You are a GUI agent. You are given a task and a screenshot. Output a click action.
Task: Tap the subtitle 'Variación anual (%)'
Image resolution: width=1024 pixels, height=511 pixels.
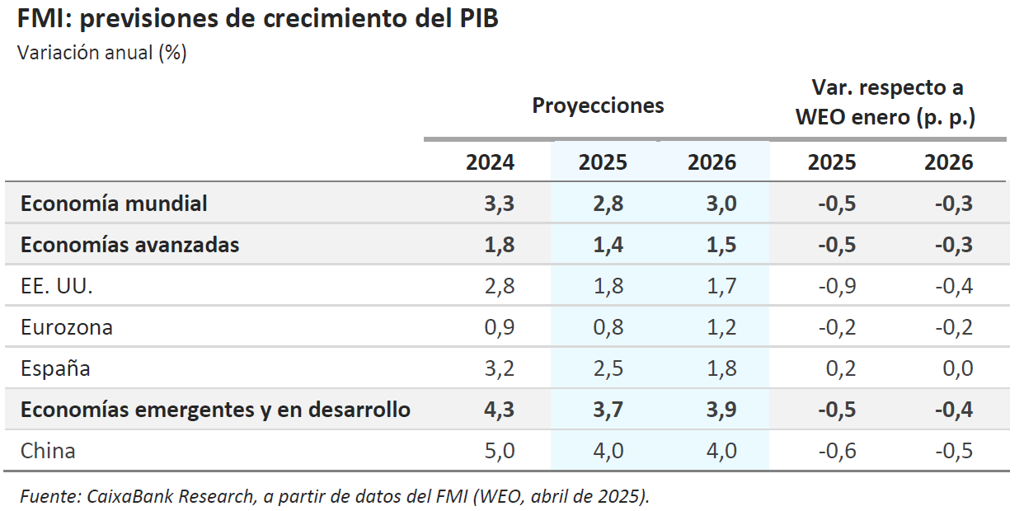[x=102, y=53]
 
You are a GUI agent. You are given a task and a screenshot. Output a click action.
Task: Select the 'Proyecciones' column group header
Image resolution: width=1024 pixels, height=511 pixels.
[x=598, y=105]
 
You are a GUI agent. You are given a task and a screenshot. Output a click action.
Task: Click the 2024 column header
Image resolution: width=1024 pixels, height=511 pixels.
[x=490, y=162]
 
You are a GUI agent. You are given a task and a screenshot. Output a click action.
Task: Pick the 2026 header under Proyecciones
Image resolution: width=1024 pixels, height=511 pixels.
[x=712, y=162]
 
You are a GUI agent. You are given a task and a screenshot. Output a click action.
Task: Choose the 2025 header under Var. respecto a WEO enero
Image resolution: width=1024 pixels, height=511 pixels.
[x=831, y=162]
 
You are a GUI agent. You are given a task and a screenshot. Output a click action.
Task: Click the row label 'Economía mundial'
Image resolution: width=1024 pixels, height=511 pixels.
[x=114, y=204]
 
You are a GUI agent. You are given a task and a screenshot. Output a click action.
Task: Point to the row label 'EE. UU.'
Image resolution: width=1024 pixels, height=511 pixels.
[x=56, y=286]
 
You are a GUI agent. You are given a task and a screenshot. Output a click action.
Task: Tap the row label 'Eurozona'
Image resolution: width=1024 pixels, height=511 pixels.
[x=66, y=327]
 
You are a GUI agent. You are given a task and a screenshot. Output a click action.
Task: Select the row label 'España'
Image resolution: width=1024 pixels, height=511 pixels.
[x=55, y=368]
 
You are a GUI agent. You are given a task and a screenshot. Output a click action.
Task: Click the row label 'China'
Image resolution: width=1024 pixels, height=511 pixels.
[x=48, y=451]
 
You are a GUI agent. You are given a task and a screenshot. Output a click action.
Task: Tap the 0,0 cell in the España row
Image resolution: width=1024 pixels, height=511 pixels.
[x=956, y=368]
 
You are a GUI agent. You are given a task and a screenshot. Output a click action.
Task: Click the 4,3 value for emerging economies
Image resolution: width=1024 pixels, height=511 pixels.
[x=499, y=410]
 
